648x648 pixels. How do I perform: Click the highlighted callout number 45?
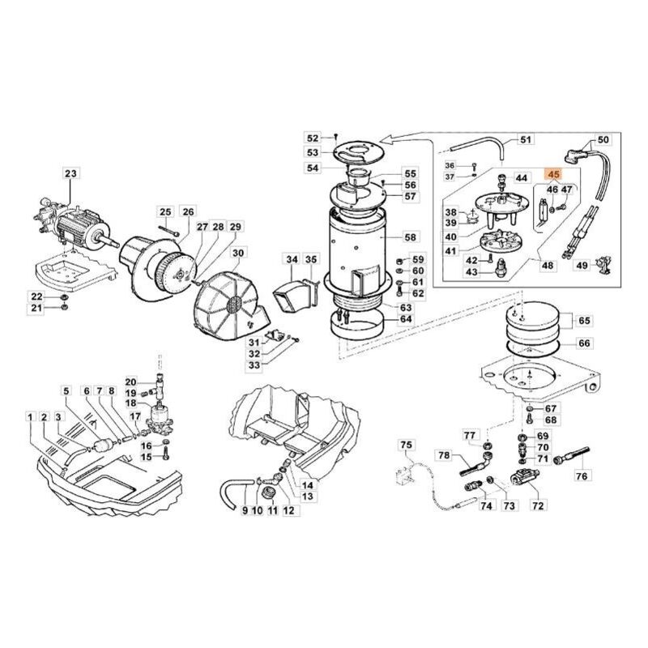click(554, 174)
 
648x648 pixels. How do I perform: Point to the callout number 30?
click(237, 253)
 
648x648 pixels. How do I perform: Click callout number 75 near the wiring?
click(407, 445)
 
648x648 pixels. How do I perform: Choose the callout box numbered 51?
click(526, 140)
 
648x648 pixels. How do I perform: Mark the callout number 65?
click(583, 320)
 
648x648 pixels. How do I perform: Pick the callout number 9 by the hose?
click(244, 511)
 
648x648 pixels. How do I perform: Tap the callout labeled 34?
click(292, 259)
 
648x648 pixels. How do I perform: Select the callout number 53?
click(313, 152)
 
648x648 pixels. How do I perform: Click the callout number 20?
click(130, 382)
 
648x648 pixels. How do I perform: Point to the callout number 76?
click(581, 477)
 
